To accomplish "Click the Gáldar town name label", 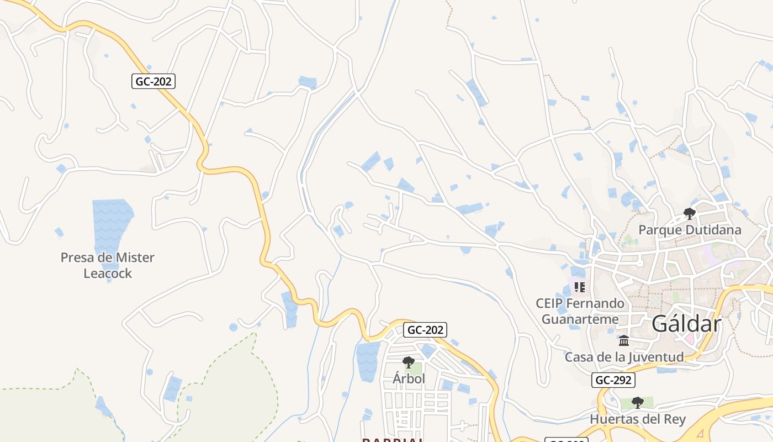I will [686, 324].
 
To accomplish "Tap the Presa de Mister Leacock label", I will [108, 265].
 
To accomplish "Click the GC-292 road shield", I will [613, 380].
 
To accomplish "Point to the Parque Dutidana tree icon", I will [689, 213].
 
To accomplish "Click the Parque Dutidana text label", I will [690, 229].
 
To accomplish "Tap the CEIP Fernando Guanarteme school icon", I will [579, 287].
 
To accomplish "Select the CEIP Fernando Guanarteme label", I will [580, 311].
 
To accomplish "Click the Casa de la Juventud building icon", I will [624, 340].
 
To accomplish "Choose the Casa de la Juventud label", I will [624, 357].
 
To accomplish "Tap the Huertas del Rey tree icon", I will [638, 402].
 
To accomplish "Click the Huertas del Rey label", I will [638, 419].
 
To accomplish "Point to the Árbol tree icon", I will [409, 362].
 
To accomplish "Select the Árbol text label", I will [409, 379].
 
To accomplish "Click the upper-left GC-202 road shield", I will [154, 81].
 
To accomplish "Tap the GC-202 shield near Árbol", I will [425, 330].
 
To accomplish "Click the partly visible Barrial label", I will [393, 440].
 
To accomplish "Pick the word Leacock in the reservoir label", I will [108, 273].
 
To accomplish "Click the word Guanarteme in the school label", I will [580, 319].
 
